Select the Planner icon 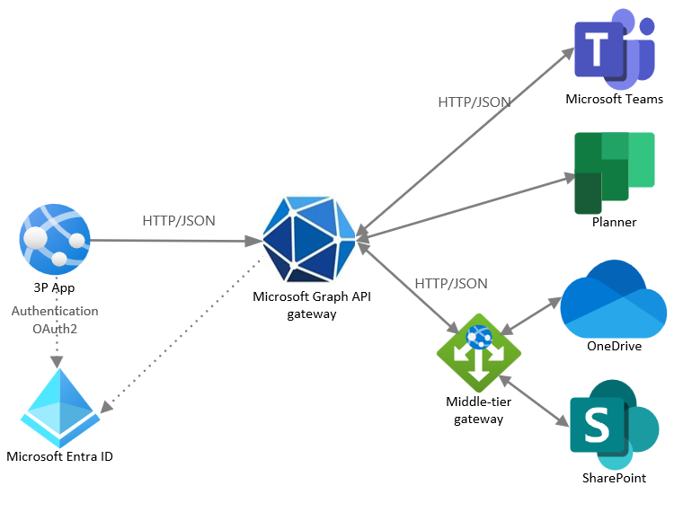coord(614,172)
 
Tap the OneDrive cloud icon coord(614,297)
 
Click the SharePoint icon coord(613,422)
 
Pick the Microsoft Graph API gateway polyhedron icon coord(308,237)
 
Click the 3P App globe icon coord(55,239)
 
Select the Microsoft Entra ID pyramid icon coord(58,406)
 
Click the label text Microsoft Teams coord(614,99)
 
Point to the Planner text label coord(614,222)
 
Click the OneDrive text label coord(614,346)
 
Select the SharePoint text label coord(614,477)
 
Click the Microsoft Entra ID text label coord(59,456)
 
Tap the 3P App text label coord(55,288)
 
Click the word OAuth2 coord(55,329)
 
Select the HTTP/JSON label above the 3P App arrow coord(179,220)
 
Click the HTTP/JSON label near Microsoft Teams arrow coord(474,102)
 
